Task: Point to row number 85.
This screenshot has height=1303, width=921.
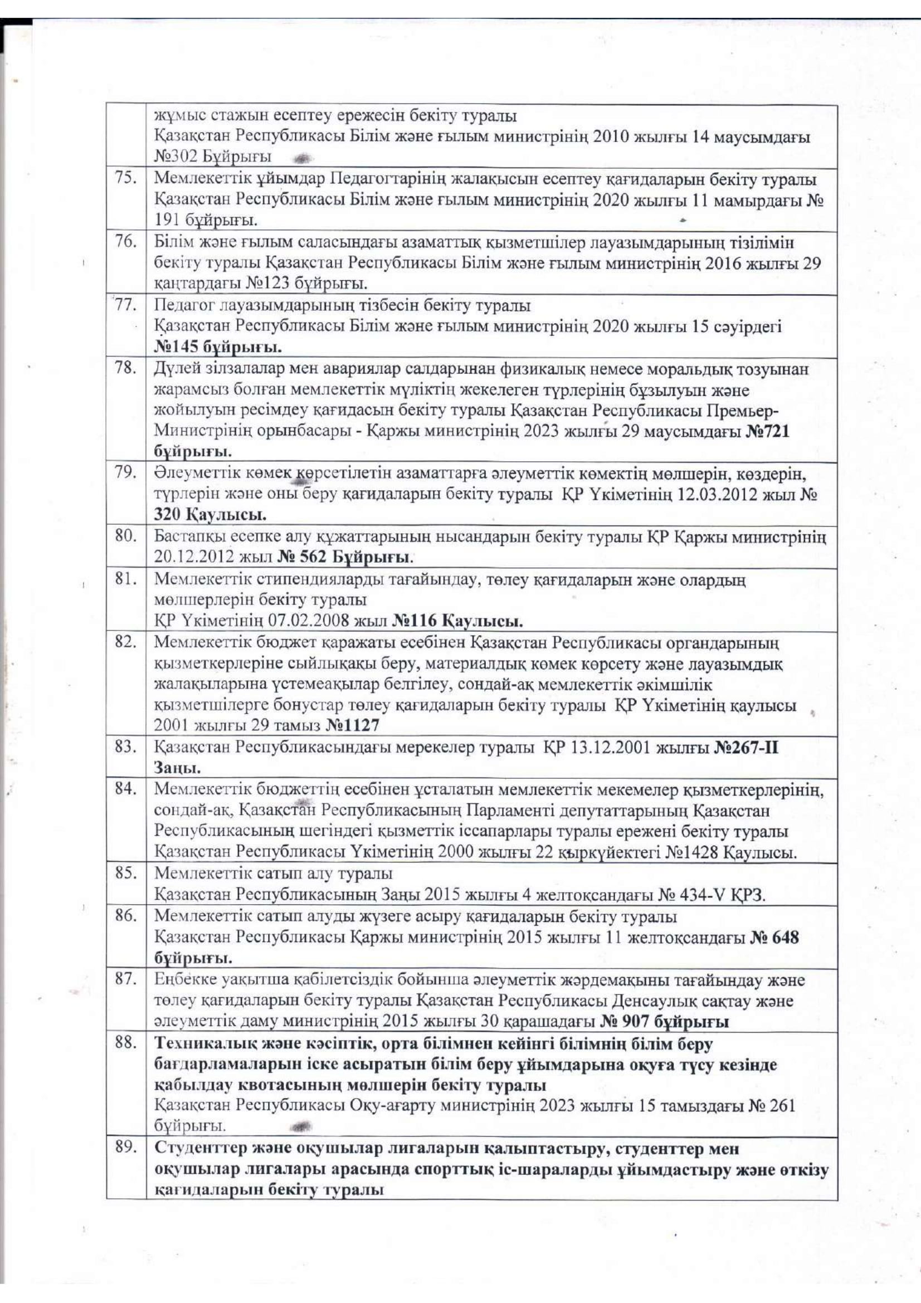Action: (125, 872)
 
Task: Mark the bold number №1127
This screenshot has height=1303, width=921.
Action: (352, 725)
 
